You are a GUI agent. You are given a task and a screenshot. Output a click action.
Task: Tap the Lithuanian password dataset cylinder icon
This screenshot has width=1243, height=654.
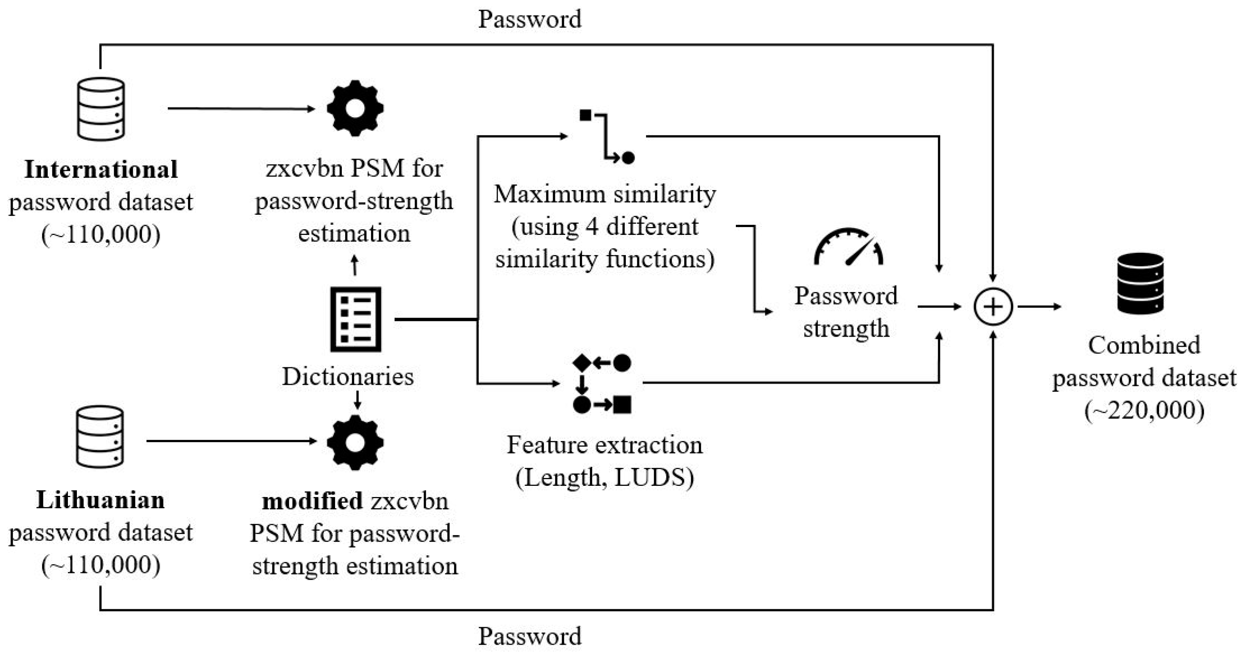coord(100,437)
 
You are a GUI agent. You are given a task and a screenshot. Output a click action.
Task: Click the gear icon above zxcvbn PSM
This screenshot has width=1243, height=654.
coord(355,108)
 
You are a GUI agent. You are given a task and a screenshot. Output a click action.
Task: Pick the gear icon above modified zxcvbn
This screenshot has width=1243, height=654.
coord(355,442)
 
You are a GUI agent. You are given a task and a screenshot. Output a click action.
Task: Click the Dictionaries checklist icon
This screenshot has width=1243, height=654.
coord(356,319)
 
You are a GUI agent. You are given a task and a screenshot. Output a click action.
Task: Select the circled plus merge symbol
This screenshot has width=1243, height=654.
coord(993,307)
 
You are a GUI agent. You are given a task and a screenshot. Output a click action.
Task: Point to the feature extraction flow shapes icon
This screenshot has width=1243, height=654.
coord(602,384)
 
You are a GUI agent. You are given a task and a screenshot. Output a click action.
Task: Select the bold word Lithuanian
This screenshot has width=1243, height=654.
coord(100,500)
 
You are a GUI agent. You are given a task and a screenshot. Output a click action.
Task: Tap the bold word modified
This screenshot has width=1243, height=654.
coord(312,501)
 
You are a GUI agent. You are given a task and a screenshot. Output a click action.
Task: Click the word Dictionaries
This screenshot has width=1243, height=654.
coord(348,376)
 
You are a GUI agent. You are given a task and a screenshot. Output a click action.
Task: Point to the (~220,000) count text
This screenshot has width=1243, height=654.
coord(1144,411)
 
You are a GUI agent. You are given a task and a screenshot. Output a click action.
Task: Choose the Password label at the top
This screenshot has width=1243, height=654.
coord(530,19)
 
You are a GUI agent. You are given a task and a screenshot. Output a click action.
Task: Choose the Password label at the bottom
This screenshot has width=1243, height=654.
coord(530,636)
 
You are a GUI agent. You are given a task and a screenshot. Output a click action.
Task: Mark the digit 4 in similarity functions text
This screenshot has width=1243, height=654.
coord(592,226)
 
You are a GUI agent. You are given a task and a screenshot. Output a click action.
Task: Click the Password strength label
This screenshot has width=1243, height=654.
coord(846,312)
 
